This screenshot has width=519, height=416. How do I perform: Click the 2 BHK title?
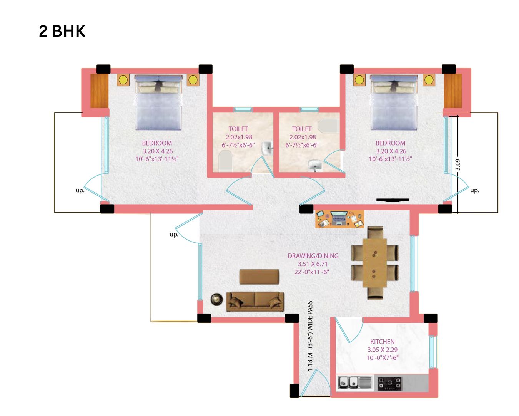pyautogui.click(x=62, y=31)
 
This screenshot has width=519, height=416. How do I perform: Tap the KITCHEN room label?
pyautogui.click(x=382, y=342)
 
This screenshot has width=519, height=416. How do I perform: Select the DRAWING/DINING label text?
pyautogui.click(x=313, y=256)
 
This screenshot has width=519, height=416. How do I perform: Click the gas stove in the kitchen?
pyautogui.click(x=389, y=384)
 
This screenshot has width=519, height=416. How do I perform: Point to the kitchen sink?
pyautogui.click(x=348, y=382)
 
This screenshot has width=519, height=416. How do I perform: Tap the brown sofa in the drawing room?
pyautogui.click(x=255, y=302)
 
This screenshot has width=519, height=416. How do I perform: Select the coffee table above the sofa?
pyautogui.click(x=259, y=277)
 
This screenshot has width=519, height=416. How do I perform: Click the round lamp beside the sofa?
pyautogui.click(x=216, y=299)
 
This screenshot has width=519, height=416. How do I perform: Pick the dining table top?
pyautogui.click(x=374, y=263)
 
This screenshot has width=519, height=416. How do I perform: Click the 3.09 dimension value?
pyautogui.click(x=458, y=164)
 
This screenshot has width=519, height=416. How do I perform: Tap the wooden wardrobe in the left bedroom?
pyautogui.click(x=99, y=91)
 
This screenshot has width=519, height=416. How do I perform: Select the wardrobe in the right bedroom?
pyautogui.click(x=452, y=91)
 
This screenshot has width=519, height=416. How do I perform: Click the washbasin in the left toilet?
pyautogui.click(x=268, y=148)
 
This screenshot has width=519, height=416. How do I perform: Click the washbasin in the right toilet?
pyautogui.click(x=315, y=166)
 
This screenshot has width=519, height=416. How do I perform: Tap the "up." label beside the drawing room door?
pyautogui.click(x=174, y=234)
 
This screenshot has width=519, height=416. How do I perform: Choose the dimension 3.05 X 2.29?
pyautogui.click(x=382, y=349)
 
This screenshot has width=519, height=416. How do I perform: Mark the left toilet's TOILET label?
pyautogui.click(x=238, y=129)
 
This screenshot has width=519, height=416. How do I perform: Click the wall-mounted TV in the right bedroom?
pyautogui.click(x=393, y=200)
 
